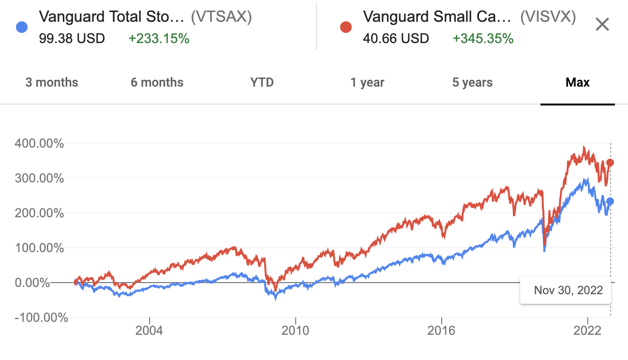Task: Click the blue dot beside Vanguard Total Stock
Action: coord(21,27)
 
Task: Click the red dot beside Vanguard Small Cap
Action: coord(345,27)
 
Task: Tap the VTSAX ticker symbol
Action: coord(222,17)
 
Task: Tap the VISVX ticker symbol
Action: coord(548,17)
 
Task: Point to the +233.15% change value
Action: coord(159,38)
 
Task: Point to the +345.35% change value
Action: coord(483,38)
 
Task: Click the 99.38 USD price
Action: coord(72,38)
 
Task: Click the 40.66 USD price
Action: coord(396,38)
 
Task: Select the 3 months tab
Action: coord(51,82)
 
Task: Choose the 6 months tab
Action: coord(157,82)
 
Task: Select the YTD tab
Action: coord(262,82)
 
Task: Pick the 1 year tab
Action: coord(367,82)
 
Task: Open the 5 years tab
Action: coord(472,82)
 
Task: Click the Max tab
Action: coord(578,82)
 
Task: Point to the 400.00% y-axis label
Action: coord(40,144)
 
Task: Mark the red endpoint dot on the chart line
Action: coord(610,163)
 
